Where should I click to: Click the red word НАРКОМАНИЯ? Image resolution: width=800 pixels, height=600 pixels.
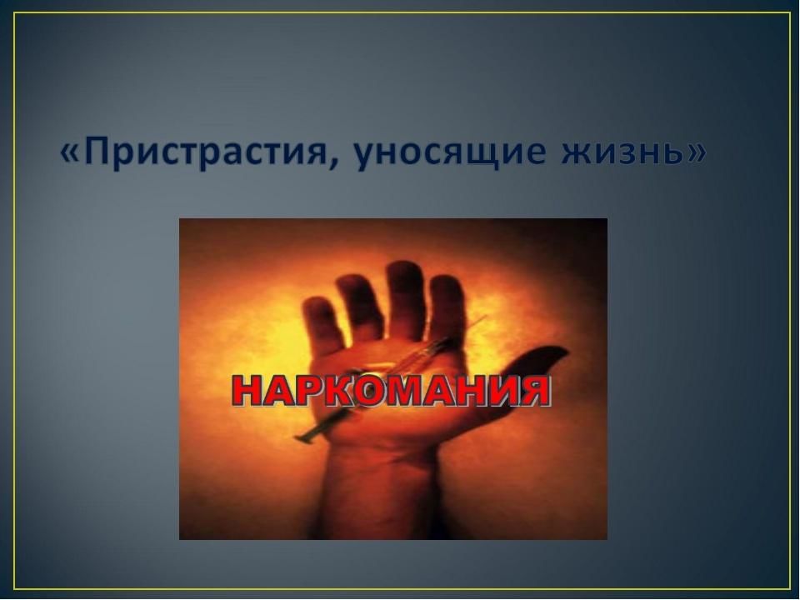[392, 392]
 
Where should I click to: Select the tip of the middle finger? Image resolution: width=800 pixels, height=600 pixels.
[404, 267]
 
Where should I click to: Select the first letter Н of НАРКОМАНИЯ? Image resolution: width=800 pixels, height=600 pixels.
[248, 392]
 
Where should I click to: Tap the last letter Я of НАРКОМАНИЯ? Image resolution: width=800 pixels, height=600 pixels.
[535, 392]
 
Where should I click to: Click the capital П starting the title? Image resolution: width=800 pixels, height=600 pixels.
[97, 151]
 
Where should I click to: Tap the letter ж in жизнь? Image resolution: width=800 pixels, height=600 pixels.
[577, 154]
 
